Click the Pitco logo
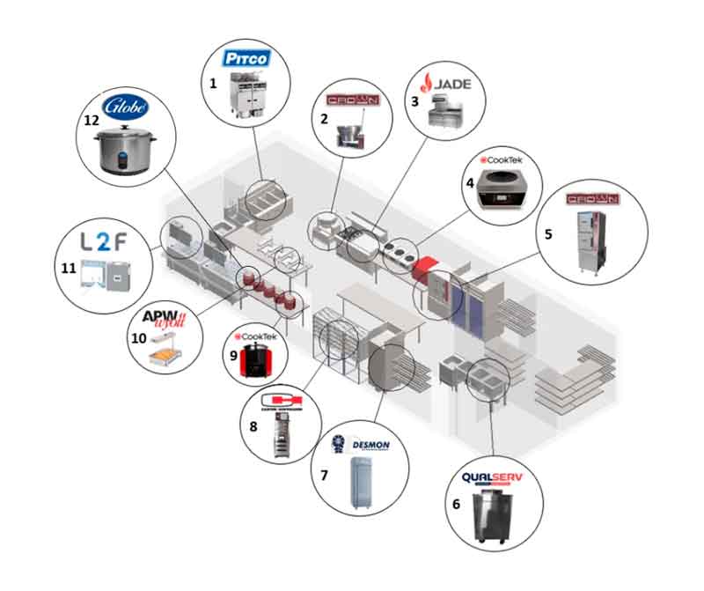[245, 60]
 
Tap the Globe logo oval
[126, 107]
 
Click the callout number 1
[213, 83]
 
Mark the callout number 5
[547, 235]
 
